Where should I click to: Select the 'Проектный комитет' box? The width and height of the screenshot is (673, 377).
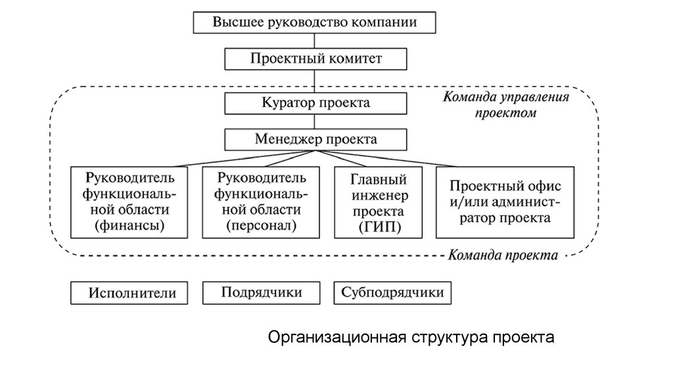(315, 59)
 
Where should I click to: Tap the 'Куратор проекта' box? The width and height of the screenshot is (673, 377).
(315, 103)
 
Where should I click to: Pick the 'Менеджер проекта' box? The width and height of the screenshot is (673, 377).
(315, 139)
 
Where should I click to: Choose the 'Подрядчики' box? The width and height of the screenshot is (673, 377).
(262, 293)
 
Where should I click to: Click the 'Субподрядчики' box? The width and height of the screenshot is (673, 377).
(393, 293)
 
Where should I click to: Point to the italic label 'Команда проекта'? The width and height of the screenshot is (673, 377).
(503, 255)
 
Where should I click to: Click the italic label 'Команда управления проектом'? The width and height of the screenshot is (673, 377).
(505, 104)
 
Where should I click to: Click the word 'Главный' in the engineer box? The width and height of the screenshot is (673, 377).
(379, 180)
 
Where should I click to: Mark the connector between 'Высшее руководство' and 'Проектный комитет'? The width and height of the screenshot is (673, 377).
(315, 40)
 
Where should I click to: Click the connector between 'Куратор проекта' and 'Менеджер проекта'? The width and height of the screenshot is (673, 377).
(315, 122)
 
